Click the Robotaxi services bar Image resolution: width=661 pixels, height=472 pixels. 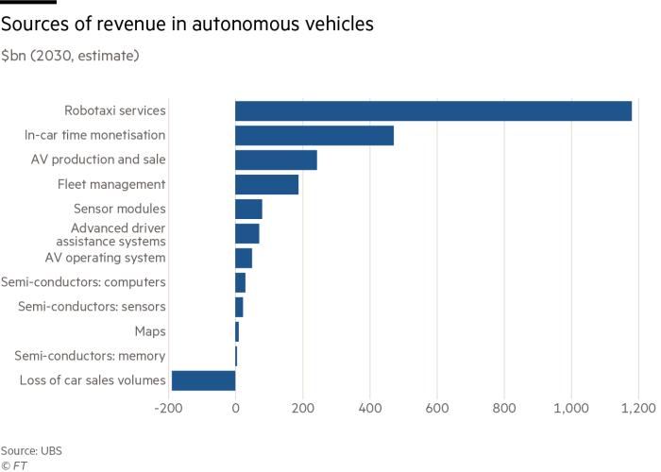coord(432,110)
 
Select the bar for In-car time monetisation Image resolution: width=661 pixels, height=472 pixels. coord(314,135)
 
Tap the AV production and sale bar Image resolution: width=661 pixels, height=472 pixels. coord(276,160)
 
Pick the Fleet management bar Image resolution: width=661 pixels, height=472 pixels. coord(266,184)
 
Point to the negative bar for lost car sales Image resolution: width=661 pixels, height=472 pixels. coord(203,380)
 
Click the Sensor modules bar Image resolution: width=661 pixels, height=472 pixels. coord(248,209)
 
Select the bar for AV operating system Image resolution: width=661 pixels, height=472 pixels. coord(244,258)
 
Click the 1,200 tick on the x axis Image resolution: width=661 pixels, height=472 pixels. coord(637,408)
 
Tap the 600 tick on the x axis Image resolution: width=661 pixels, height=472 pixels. coord(437,408)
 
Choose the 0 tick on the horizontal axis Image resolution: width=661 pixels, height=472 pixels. coord(235,408)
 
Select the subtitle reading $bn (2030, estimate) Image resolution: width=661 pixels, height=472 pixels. coord(71,56)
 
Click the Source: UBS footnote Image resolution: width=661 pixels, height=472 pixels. coord(31,450)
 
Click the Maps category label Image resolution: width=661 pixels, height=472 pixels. coord(151,331)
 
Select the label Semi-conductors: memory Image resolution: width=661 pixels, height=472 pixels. coord(90,356)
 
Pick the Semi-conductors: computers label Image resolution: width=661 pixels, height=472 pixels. coord(83,282)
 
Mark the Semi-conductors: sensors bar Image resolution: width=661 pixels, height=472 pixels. coord(239,307)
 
